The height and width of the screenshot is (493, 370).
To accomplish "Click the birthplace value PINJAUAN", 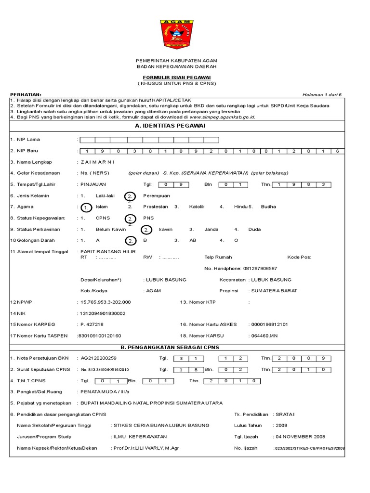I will coord(93,184).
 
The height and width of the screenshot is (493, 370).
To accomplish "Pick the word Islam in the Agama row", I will coord(102,207).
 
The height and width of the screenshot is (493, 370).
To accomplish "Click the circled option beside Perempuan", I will coord(130,196).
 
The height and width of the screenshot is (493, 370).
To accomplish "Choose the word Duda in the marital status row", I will coord(254,229).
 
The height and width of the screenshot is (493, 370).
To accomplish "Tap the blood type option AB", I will coord(193,240).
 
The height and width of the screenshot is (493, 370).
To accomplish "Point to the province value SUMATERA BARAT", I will coord(273,290).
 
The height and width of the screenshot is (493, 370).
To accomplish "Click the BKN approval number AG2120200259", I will coord(99,358).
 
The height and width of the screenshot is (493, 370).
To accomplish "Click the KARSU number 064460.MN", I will coord(264,335).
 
